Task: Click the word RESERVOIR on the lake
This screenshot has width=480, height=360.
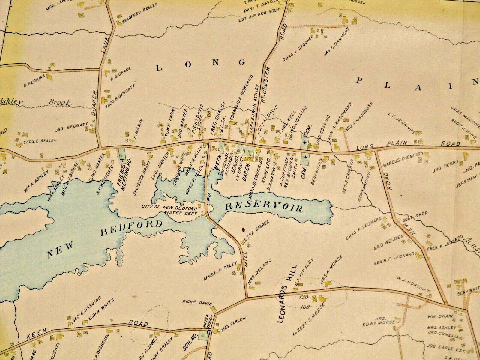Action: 264,207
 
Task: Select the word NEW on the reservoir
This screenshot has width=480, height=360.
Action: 60,250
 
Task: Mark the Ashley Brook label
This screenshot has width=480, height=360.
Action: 36,103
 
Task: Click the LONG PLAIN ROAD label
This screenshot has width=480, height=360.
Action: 408,145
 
